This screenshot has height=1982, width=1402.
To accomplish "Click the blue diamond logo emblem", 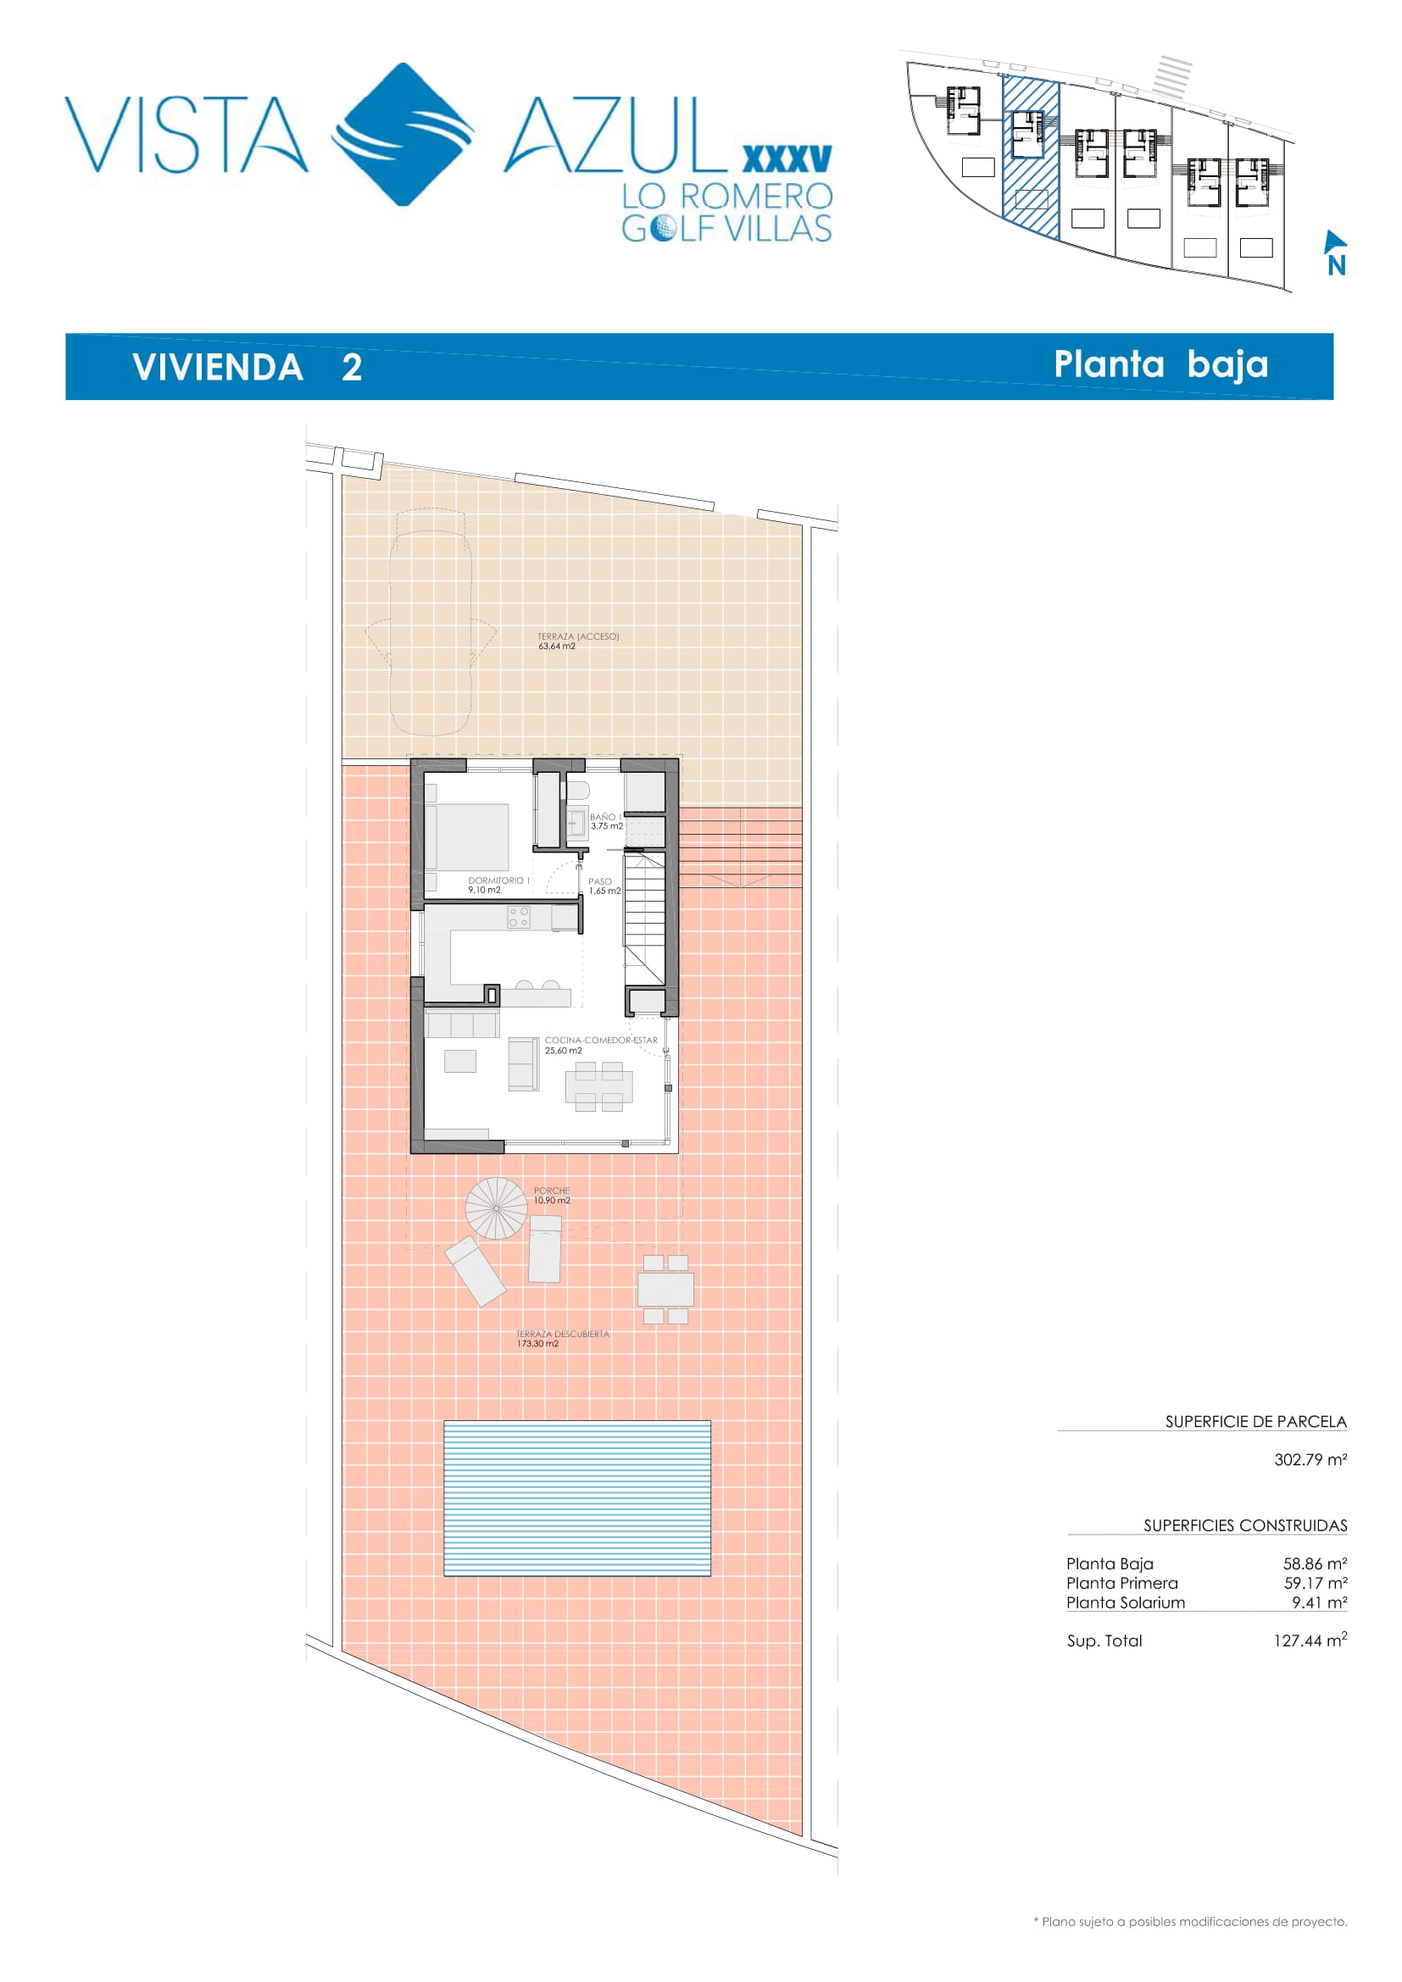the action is [x=403, y=134].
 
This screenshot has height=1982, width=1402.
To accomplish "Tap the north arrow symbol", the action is [x=1335, y=252].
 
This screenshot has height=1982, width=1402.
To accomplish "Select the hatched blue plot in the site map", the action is [x=1030, y=157].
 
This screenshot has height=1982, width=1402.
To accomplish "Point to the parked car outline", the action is [x=431, y=621].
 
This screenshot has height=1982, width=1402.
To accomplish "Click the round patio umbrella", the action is [x=497, y=1208].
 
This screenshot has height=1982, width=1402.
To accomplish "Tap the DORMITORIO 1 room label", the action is [x=498, y=885].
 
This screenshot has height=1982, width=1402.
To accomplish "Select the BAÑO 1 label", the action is [x=606, y=821].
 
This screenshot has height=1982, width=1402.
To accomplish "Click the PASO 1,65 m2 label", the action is [x=604, y=886].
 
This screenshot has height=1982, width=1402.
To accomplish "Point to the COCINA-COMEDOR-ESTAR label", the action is [x=601, y=1045].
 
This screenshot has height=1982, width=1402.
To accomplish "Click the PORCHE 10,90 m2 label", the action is [x=552, y=1196].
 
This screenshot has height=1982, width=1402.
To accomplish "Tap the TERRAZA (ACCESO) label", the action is [x=577, y=641].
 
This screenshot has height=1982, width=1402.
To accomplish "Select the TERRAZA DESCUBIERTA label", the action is [x=562, y=1338].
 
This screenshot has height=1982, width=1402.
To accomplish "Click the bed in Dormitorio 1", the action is [x=467, y=837].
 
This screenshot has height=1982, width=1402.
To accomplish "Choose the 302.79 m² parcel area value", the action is [x=1310, y=1460].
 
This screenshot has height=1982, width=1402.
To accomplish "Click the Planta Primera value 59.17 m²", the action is [x=1315, y=1583].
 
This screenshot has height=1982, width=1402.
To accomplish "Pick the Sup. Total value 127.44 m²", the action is [x=1310, y=1641].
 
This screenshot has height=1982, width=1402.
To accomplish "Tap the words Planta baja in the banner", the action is [x=1161, y=365].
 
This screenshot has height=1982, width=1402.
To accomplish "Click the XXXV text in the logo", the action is [x=787, y=158].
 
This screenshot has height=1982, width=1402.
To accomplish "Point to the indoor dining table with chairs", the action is [x=599, y=1086].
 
